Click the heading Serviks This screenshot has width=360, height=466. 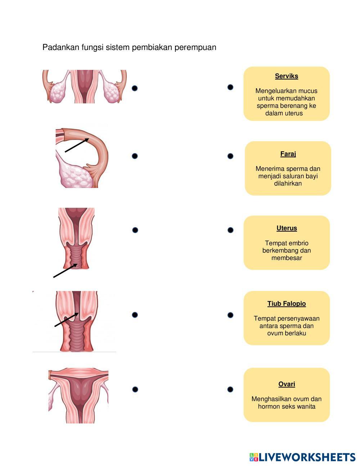tap(287, 76)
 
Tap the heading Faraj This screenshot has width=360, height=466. tap(288, 154)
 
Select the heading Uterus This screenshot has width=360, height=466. tap(287, 228)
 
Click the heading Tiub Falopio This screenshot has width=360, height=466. tap(287, 304)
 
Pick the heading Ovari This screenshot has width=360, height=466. tap(287, 384)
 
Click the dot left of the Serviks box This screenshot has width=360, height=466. tap(230, 87)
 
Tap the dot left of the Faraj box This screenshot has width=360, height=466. tap(230, 156)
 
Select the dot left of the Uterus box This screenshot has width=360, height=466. tap(230, 230)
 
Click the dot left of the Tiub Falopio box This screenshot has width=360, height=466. tap(230, 315)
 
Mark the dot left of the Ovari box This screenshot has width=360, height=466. tap(230, 389)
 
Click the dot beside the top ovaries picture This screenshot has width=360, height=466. tap(135, 88)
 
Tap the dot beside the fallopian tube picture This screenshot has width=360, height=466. tap(135, 156)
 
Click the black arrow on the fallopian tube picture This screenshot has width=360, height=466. tap(77, 145)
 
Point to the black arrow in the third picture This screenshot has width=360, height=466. tap(65, 270)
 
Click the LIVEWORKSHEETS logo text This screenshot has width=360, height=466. tap(307, 457)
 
